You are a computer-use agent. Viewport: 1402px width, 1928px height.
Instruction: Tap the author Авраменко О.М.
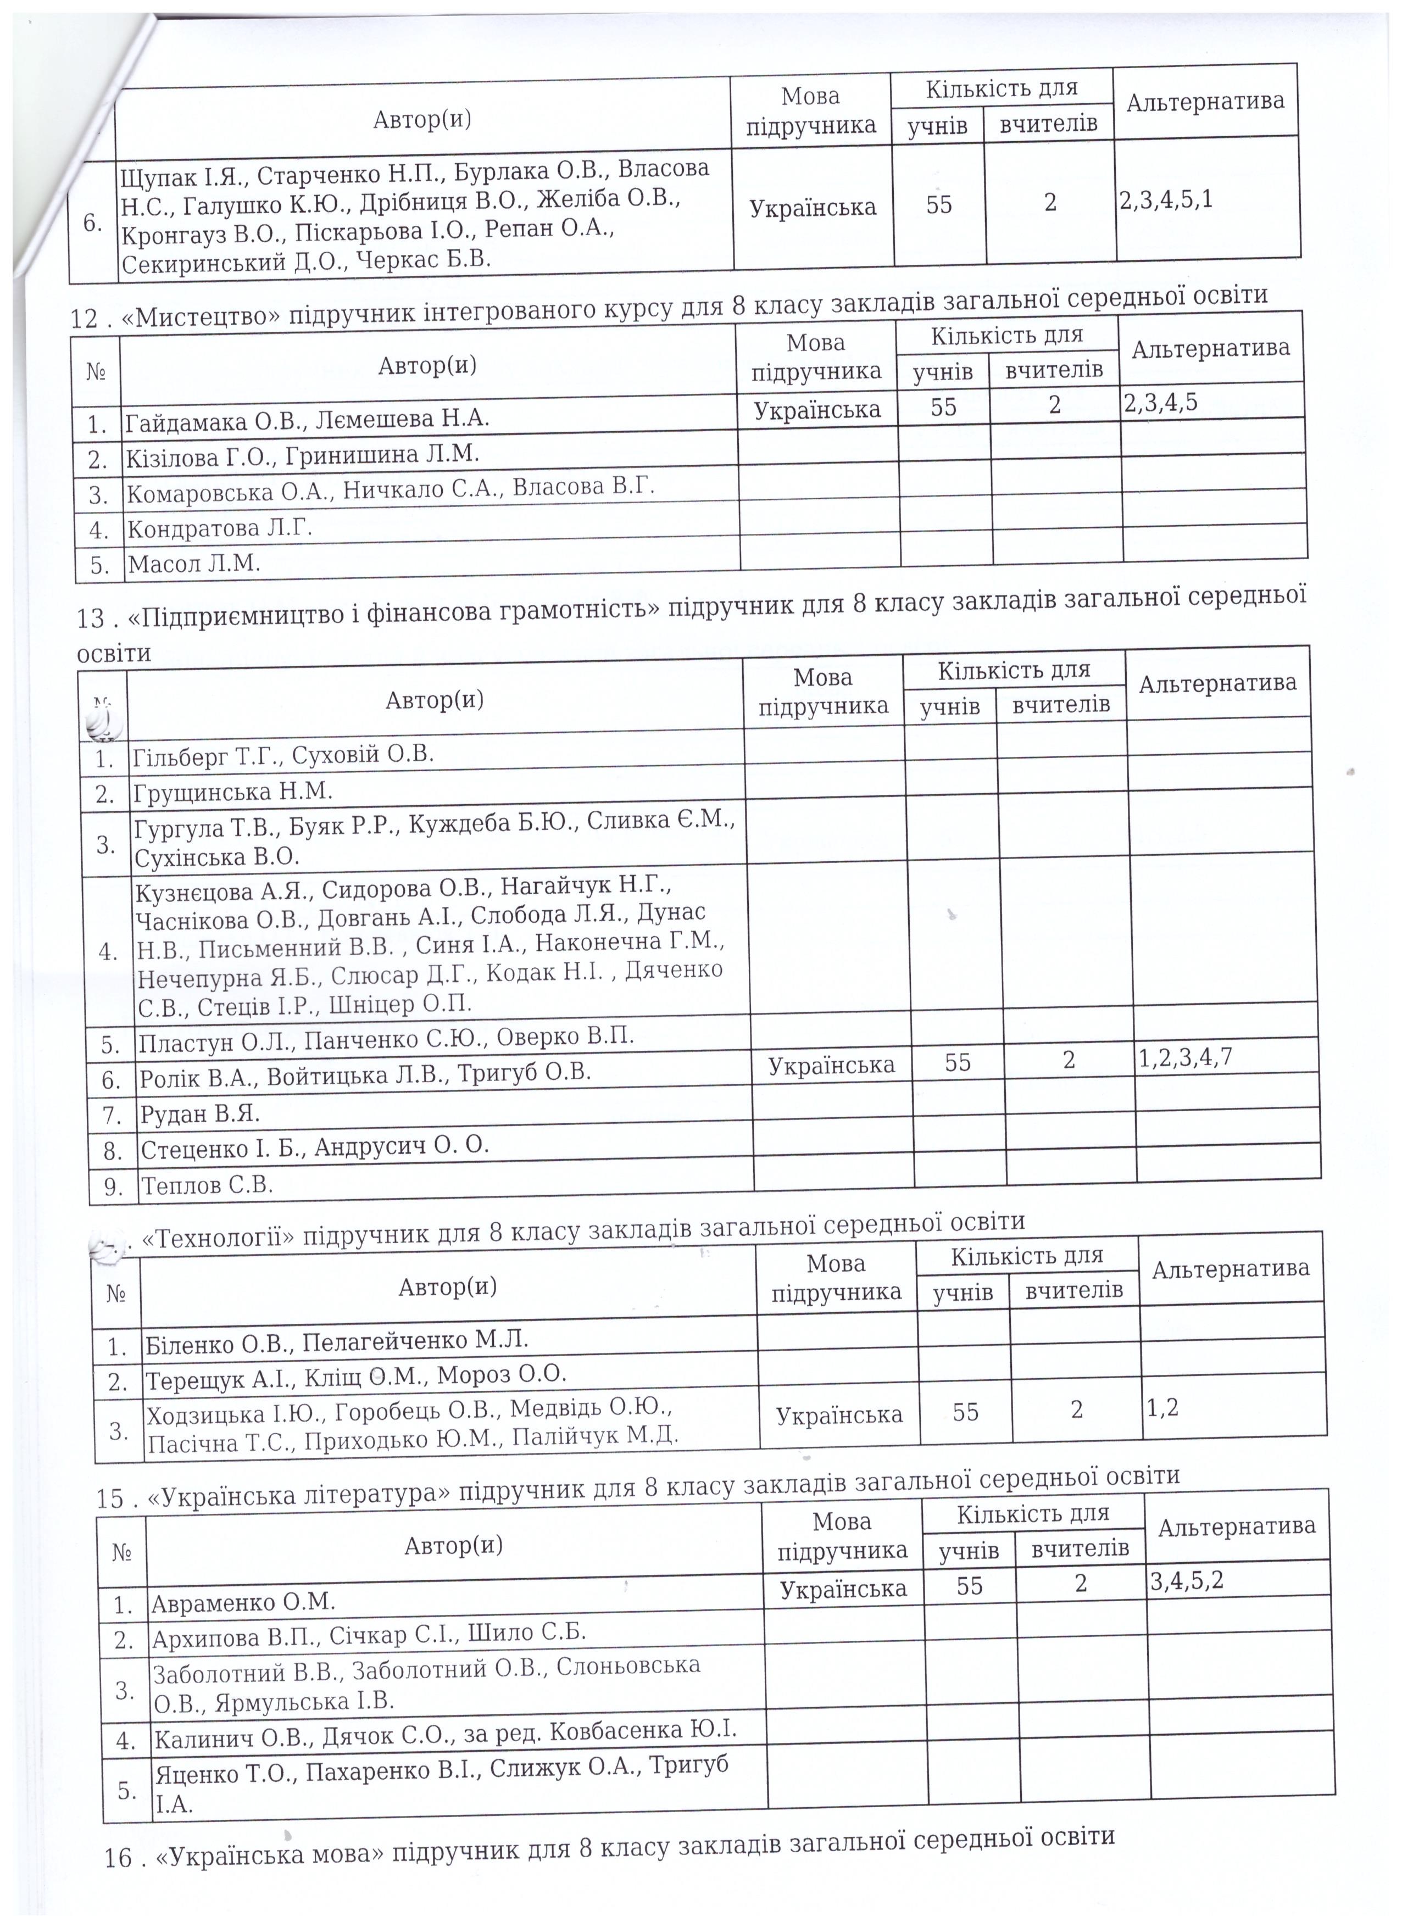[x=243, y=1603]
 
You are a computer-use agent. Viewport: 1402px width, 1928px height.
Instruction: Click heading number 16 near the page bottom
[x=120, y=1876]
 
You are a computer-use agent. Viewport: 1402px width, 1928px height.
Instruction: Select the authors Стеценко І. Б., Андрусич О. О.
[x=314, y=1147]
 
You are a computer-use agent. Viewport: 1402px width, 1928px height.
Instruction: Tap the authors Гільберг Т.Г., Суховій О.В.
[x=283, y=755]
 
